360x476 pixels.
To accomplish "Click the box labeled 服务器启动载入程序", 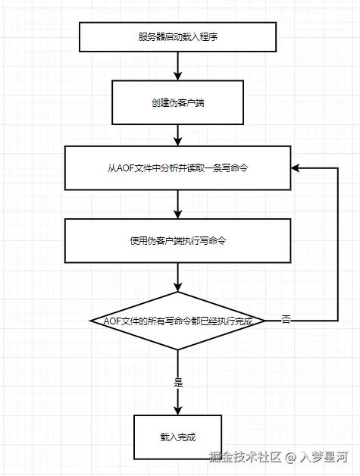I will tap(178, 37).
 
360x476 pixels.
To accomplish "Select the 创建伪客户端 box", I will tap(178, 102).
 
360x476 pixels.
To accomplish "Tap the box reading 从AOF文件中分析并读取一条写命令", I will tap(178, 168).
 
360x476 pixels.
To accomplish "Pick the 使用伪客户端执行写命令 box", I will tap(178, 240).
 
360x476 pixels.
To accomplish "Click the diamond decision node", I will tap(178, 321).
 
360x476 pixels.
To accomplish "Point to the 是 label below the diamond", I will tap(179, 382).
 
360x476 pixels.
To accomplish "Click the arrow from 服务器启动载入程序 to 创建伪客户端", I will tap(178, 67).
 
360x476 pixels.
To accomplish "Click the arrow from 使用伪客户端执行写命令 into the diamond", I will tap(178, 277).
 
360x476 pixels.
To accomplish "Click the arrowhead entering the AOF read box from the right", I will tap(296, 168).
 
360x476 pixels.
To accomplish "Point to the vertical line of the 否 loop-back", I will tap(337, 243).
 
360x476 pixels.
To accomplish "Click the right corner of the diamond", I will tap(265, 321).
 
